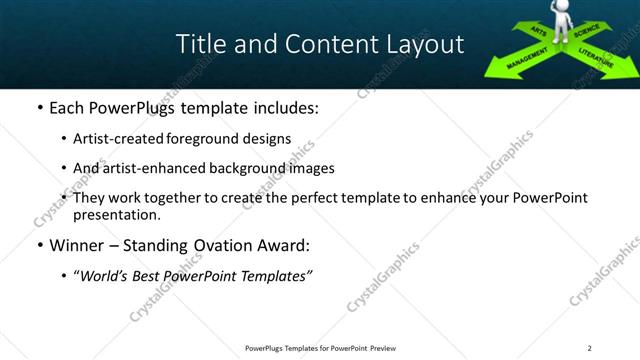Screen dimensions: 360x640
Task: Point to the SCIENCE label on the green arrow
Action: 589,37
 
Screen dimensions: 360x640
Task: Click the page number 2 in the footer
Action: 590,348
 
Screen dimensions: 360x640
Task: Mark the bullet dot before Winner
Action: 39,245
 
